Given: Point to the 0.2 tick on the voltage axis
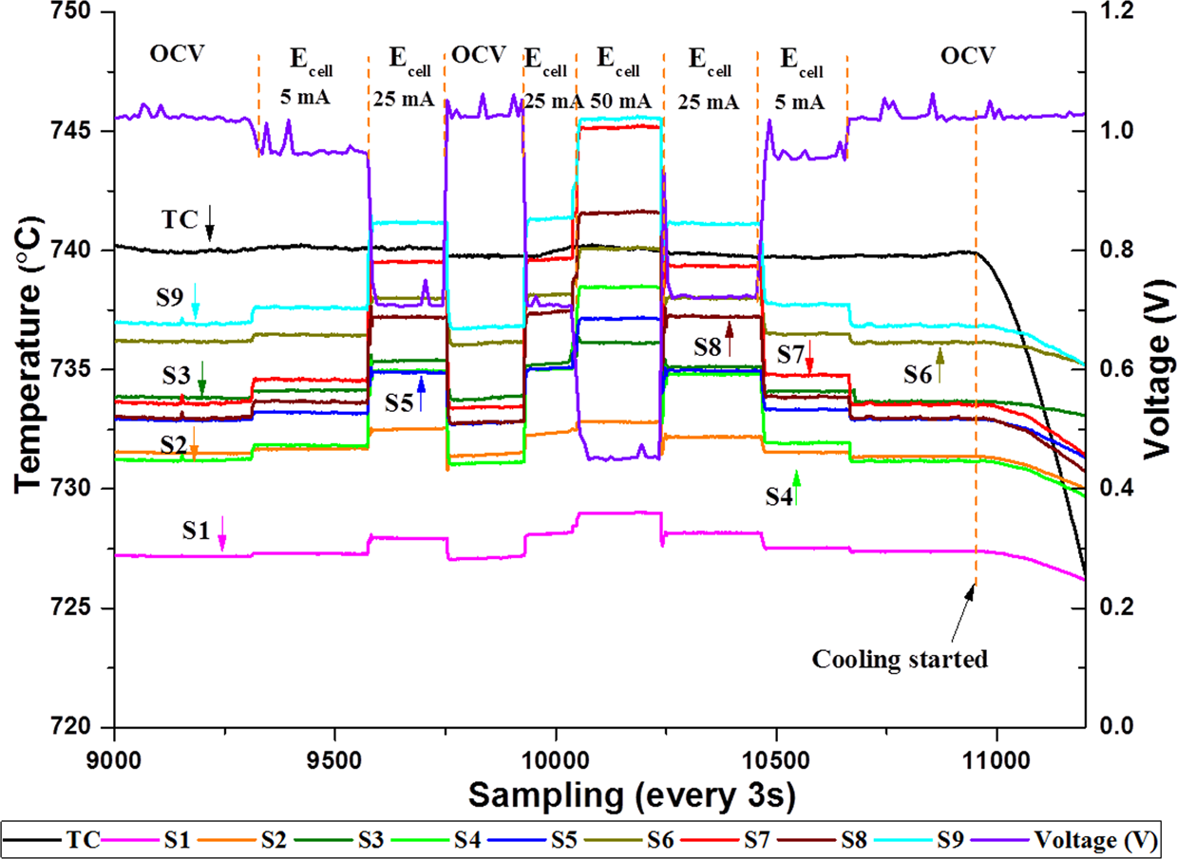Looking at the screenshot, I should click(1107, 607).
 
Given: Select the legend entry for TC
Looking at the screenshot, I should click(82, 840).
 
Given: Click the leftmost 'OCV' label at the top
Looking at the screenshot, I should click(177, 55).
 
